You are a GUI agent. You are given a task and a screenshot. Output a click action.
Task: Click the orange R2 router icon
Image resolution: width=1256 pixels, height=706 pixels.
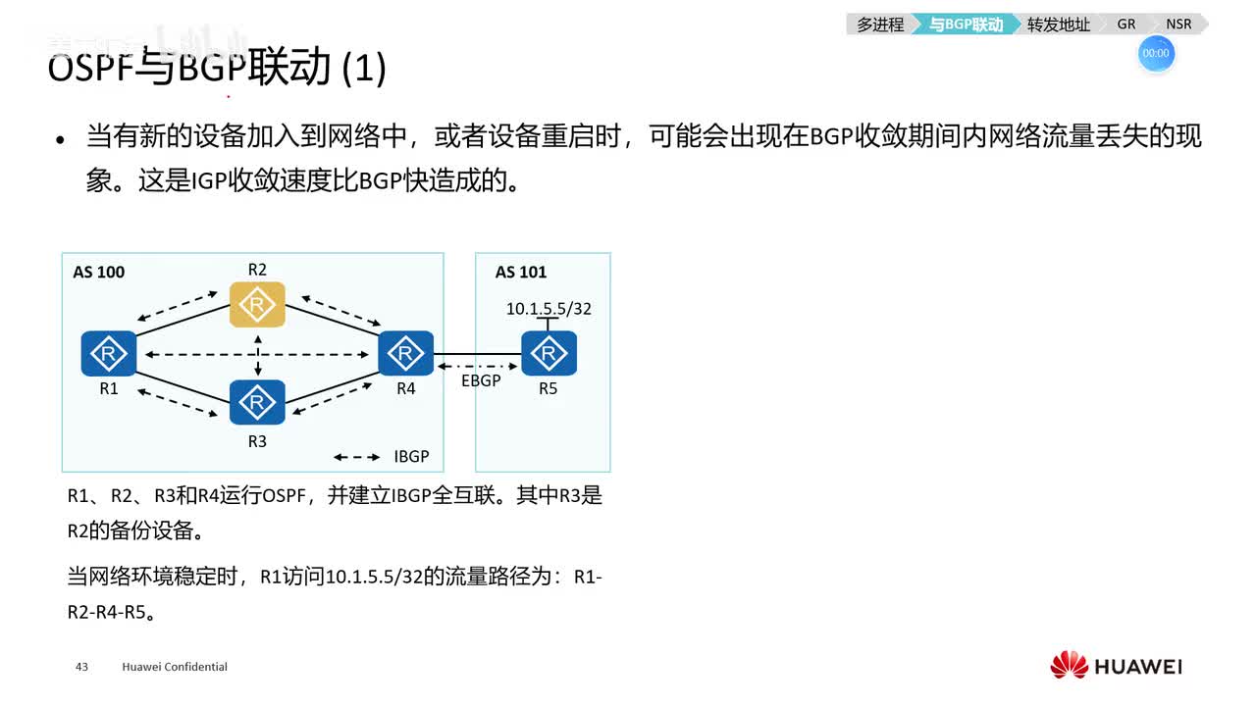coord(257,305)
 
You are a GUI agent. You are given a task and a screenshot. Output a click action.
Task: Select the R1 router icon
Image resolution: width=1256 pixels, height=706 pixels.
coord(109,353)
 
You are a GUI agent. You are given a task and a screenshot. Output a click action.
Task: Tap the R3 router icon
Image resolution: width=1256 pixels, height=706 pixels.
coord(257,402)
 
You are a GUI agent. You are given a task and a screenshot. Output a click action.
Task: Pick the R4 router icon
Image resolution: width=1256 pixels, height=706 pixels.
coord(405,353)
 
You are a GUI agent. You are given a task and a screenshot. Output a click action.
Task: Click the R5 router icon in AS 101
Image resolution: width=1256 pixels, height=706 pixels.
coord(549,353)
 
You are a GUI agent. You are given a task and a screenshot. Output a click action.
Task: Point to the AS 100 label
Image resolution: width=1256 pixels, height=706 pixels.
coord(99,272)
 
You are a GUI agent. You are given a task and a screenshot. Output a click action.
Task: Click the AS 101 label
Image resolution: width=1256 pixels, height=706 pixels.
coord(521,272)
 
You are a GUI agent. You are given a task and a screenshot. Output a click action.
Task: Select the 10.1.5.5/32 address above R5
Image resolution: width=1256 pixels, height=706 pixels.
coord(549,309)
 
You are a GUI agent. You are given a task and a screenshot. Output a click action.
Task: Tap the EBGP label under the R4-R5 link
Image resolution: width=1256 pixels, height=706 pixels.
coord(481,380)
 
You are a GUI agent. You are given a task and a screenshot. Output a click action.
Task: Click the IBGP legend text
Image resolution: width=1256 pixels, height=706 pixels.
coord(411,457)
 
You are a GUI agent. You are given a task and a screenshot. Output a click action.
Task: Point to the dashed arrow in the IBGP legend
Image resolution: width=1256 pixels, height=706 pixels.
coord(357,457)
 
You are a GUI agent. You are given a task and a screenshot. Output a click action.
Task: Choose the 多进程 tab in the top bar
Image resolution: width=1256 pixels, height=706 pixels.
coord(879,25)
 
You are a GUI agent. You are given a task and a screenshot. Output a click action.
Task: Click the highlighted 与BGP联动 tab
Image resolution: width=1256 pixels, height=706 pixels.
coord(966,25)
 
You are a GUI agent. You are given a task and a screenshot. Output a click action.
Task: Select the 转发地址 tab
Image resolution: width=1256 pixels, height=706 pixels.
coord(1058,25)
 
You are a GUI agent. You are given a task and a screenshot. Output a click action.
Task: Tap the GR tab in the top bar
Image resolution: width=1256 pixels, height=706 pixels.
coord(1126,25)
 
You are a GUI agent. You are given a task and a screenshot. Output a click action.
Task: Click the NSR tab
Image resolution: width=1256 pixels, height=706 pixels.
coord(1178,25)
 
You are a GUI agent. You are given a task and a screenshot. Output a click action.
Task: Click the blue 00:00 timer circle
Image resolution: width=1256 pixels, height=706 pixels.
coord(1156,54)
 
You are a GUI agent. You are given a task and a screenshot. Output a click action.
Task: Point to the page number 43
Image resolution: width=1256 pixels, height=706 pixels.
coord(81,667)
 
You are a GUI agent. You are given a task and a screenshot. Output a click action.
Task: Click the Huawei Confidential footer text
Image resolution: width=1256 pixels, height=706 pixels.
coord(175,667)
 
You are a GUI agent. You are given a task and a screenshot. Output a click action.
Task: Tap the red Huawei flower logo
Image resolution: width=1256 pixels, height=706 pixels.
coord(1069,665)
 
